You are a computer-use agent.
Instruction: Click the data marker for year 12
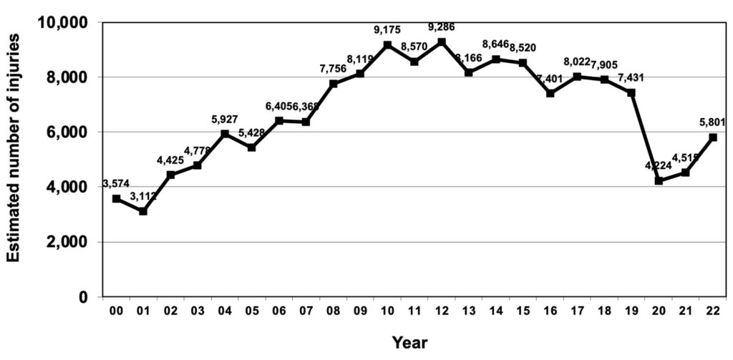(x=442, y=42)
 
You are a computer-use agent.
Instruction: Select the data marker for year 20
(x=659, y=181)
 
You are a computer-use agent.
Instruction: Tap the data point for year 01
(x=143, y=211)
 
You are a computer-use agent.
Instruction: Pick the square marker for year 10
(x=387, y=45)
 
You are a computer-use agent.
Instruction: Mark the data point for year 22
(x=713, y=137)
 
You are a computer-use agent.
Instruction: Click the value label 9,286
(x=440, y=27)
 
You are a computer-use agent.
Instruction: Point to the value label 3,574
(x=115, y=184)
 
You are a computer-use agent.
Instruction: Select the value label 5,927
(x=225, y=120)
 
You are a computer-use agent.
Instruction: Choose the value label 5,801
(x=714, y=122)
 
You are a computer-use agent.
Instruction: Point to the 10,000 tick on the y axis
(x=62, y=22)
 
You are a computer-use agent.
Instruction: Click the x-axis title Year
(x=409, y=342)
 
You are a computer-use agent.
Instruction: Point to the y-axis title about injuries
(x=14, y=159)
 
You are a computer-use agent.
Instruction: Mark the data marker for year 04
(x=225, y=134)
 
